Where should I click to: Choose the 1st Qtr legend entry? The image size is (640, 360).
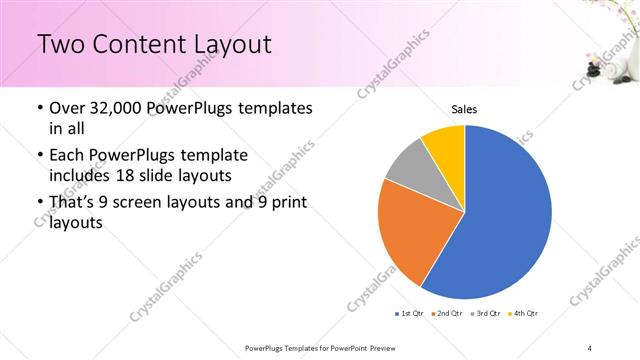point(410,315)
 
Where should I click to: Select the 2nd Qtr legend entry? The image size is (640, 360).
point(446,315)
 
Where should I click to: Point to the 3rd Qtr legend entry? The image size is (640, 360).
point(484,315)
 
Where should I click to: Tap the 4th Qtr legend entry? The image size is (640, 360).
point(522,315)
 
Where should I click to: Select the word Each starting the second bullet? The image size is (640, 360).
point(67,155)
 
